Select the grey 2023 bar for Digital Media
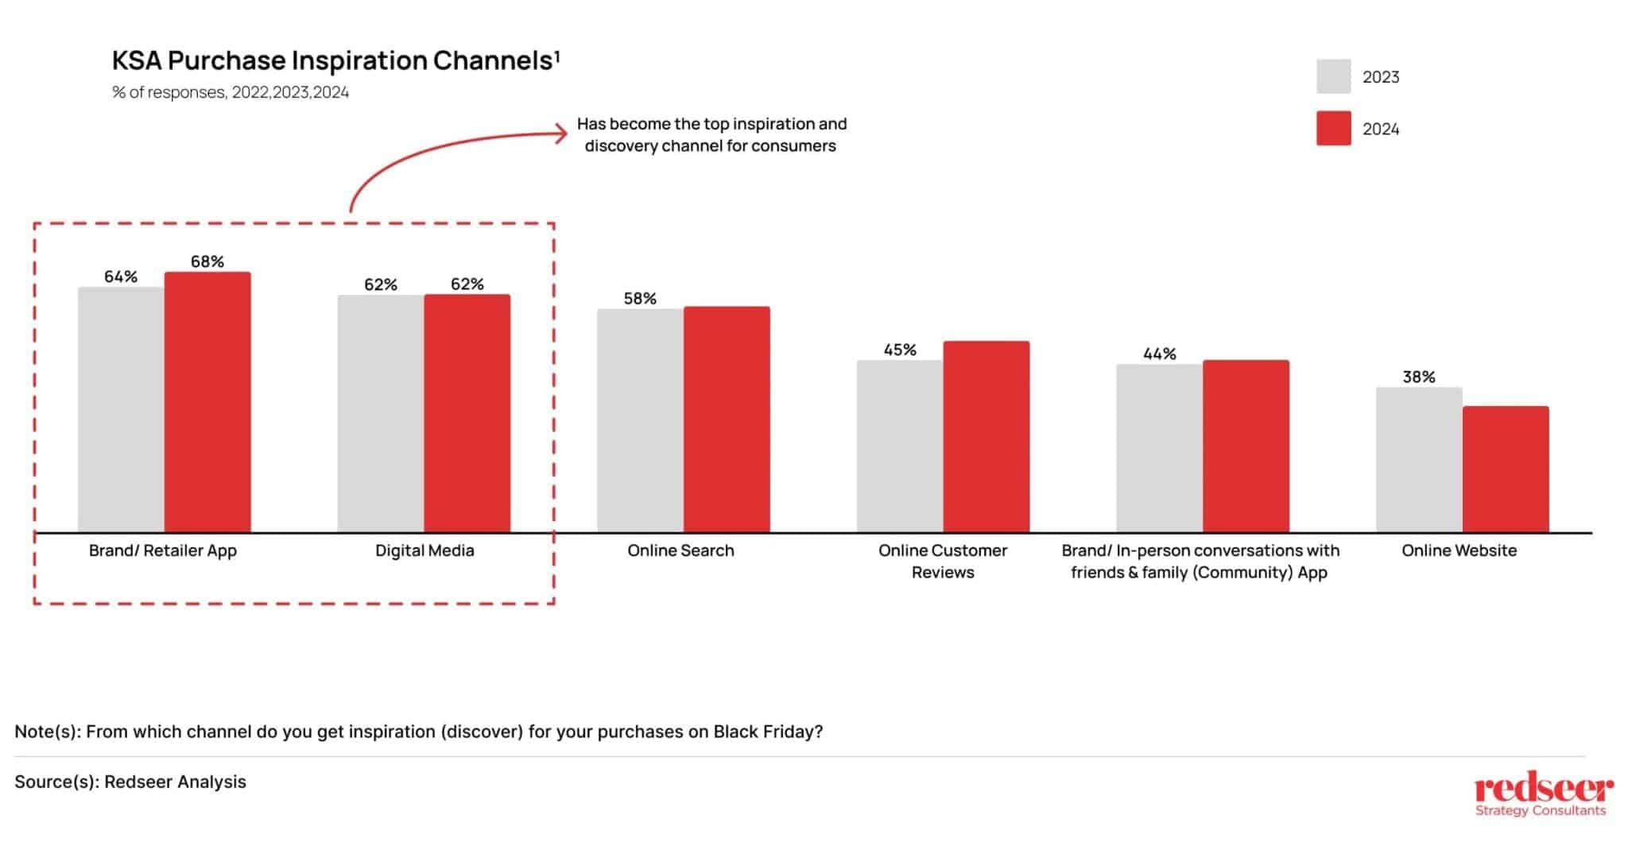tap(380, 413)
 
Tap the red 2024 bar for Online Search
tap(727, 419)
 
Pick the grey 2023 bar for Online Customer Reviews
tap(899, 446)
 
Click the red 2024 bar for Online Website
tap(1506, 469)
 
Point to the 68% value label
tap(207, 261)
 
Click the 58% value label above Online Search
tap(640, 299)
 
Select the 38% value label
tap(1419, 377)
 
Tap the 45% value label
tap(900, 350)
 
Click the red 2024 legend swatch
tap(1333, 129)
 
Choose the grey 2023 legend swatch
tap(1333, 76)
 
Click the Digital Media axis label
tap(424, 550)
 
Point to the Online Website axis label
tap(1459, 550)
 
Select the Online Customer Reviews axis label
tap(943, 561)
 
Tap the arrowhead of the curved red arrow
tap(562, 133)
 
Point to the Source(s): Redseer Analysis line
tap(130, 782)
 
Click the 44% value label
tap(1159, 353)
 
